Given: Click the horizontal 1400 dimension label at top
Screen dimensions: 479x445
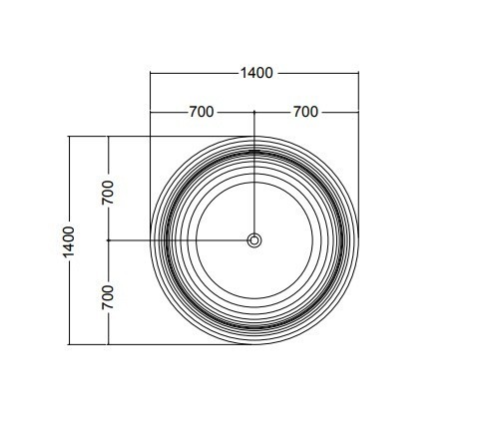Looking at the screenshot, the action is click(x=256, y=73).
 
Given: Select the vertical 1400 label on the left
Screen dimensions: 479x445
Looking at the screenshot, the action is click(x=69, y=241).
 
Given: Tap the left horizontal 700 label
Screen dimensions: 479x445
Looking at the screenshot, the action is click(x=202, y=112).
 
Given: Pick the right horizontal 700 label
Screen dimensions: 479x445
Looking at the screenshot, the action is click(x=305, y=112).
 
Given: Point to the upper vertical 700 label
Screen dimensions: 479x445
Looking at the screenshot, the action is click(x=108, y=193).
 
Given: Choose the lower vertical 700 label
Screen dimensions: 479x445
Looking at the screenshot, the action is click(x=108, y=297).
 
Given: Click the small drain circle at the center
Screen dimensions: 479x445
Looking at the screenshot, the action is click(x=254, y=240).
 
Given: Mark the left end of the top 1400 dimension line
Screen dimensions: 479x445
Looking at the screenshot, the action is click(x=151, y=73).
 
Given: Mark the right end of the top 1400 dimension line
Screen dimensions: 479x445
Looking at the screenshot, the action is click(x=358, y=73).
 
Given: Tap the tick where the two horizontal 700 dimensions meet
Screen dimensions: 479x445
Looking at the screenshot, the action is click(x=254, y=113).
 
